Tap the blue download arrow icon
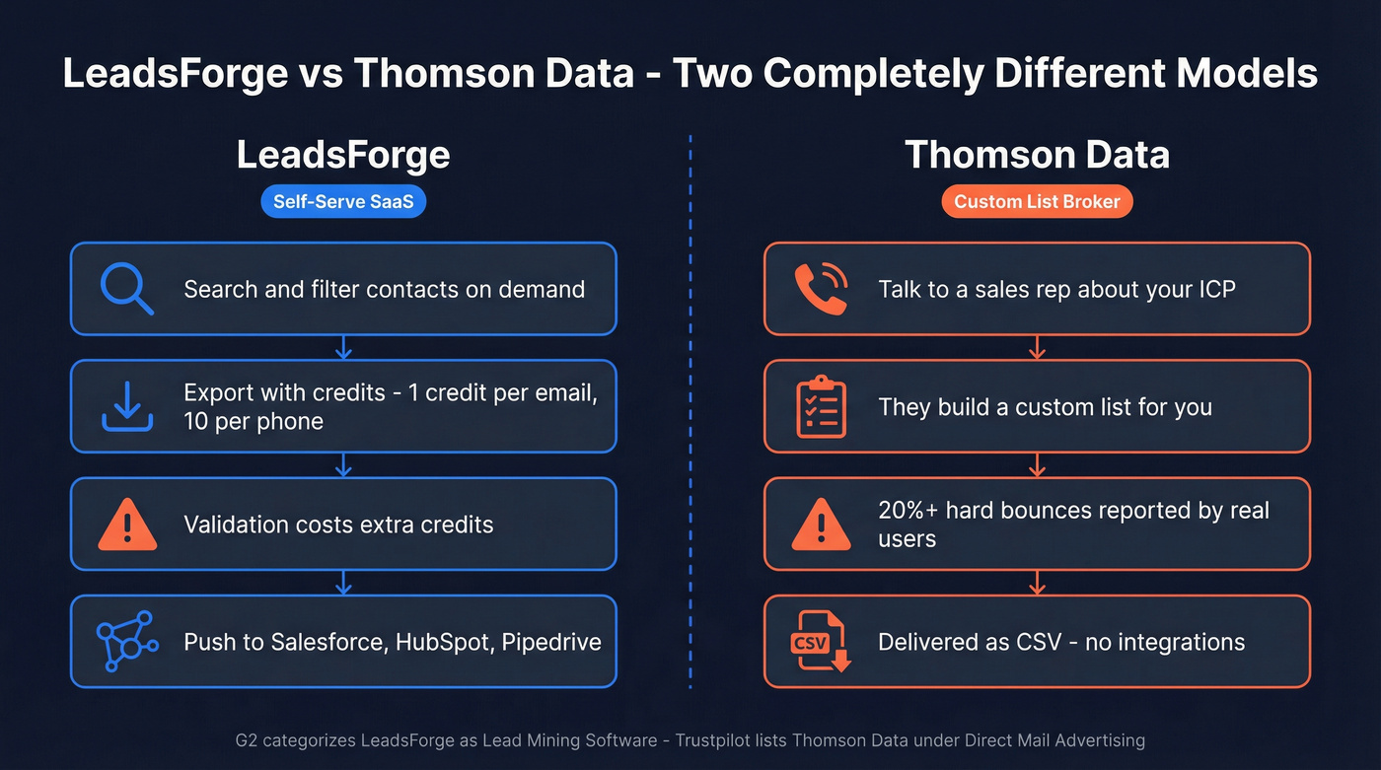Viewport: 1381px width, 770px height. (x=127, y=406)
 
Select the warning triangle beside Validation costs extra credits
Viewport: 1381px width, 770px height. (x=127, y=525)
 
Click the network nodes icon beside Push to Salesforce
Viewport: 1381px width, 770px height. (x=127, y=642)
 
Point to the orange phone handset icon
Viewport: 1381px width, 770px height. (x=821, y=289)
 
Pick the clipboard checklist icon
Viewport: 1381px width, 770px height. (x=821, y=406)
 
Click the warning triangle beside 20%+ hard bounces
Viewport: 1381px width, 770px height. (x=821, y=525)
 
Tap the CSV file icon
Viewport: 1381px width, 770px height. (x=821, y=642)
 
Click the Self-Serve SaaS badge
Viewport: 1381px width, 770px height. (x=343, y=202)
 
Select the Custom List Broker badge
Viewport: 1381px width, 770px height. (x=1037, y=202)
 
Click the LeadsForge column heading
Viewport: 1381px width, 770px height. (x=343, y=155)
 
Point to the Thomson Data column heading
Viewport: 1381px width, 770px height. (x=1037, y=155)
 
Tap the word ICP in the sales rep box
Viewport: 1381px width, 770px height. (x=1215, y=290)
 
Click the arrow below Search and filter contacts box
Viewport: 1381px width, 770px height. (x=343, y=347)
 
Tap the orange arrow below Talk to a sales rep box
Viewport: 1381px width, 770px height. (x=1037, y=347)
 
